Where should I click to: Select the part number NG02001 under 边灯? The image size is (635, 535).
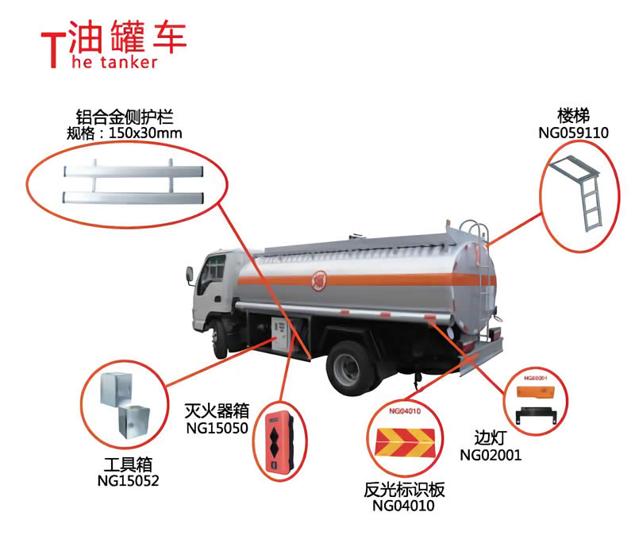click(491, 455)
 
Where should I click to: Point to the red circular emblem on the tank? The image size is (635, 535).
click(321, 279)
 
